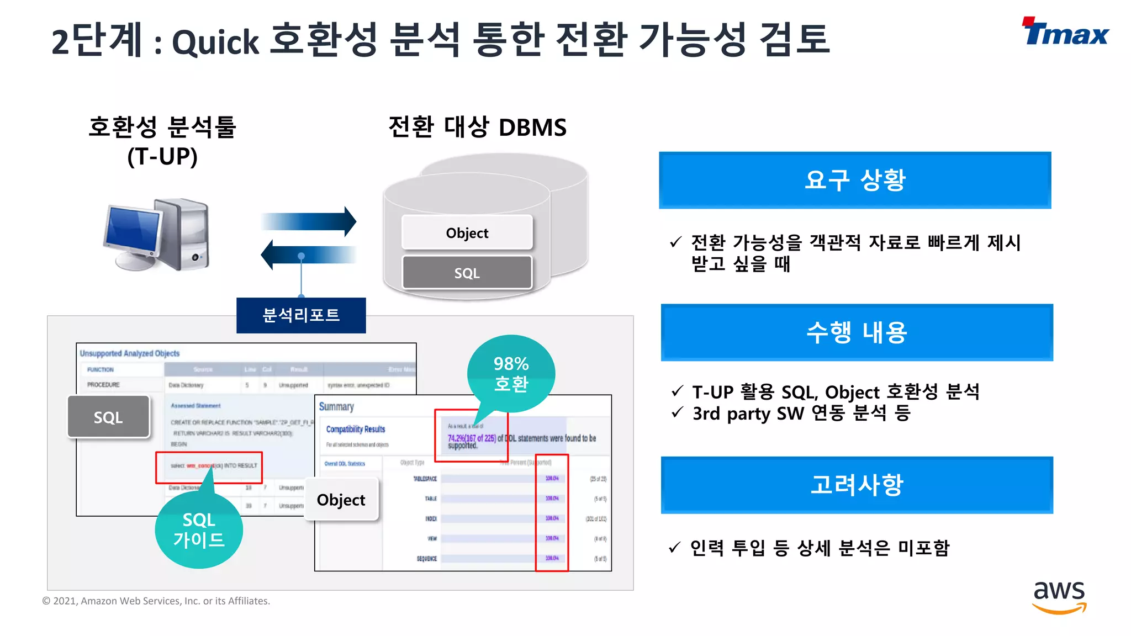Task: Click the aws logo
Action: (1059, 596)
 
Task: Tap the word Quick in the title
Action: (215, 42)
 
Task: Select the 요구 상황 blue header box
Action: (855, 180)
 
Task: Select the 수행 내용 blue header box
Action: (857, 332)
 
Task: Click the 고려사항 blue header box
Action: (857, 485)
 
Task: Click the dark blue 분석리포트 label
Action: (301, 315)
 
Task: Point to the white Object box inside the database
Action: (467, 233)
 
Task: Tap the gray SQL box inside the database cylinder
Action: (467, 273)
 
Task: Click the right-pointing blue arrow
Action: (309, 221)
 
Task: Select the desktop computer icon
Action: (157, 235)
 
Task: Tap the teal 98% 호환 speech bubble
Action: (511, 374)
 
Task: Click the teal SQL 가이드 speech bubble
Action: (199, 530)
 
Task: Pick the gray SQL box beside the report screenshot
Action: (108, 417)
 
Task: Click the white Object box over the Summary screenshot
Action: (341, 500)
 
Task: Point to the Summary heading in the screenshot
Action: (336, 407)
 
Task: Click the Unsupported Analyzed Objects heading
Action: (130, 353)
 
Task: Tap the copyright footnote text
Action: (156, 601)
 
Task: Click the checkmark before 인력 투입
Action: (674, 548)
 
